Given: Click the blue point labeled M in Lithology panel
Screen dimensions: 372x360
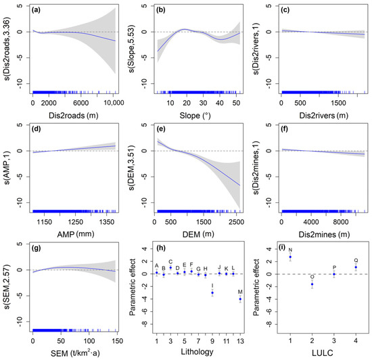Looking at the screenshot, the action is point(240,299).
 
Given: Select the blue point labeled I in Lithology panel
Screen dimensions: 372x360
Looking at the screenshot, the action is point(212,293).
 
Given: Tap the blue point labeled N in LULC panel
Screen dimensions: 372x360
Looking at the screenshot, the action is point(290,257).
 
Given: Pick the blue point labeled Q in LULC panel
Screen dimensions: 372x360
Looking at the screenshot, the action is point(356,267).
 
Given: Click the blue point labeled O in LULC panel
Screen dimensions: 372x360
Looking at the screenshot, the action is point(312,284).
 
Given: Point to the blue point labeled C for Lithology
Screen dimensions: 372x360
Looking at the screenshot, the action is point(170,268).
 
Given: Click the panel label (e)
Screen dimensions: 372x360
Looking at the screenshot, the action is point(161,129).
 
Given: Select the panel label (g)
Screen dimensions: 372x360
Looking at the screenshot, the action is point(37,248).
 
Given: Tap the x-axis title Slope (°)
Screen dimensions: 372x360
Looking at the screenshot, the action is point(195,116).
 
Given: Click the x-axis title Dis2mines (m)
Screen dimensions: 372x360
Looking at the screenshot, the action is point(324,234).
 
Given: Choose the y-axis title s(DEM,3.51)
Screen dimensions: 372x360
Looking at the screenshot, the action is point(131,168).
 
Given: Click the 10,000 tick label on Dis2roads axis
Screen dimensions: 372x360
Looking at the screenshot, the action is point(114,104).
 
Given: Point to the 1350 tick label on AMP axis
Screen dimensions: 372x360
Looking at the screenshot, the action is point(106,222).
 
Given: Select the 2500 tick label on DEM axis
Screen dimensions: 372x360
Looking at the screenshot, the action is point(236,222).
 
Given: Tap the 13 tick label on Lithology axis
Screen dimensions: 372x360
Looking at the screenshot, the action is point(240,341).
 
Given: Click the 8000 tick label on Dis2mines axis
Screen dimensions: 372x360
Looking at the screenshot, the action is point(341,222).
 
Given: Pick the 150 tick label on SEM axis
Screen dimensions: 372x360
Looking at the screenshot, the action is point(118,341).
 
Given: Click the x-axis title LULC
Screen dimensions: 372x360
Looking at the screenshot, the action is point(323,353).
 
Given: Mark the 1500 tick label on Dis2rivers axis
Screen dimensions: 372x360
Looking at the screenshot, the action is point(338,104).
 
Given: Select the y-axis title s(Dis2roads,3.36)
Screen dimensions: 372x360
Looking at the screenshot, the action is point(7,49).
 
